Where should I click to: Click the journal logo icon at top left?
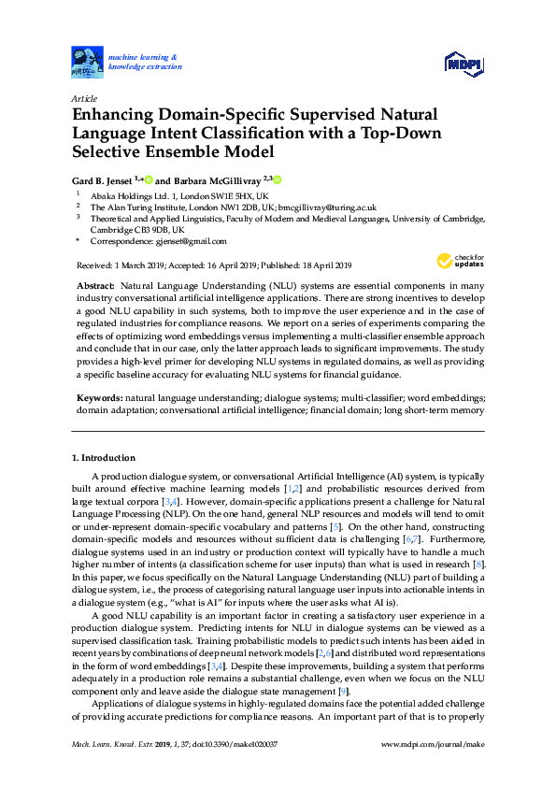click(87, 62)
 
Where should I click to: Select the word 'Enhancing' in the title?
click(114, 115)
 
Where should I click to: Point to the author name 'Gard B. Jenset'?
click(103, 179)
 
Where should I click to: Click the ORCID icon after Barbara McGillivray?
click(278, 179)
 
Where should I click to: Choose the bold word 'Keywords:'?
click(98, 398)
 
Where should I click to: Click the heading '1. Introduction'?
click(103, 458)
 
